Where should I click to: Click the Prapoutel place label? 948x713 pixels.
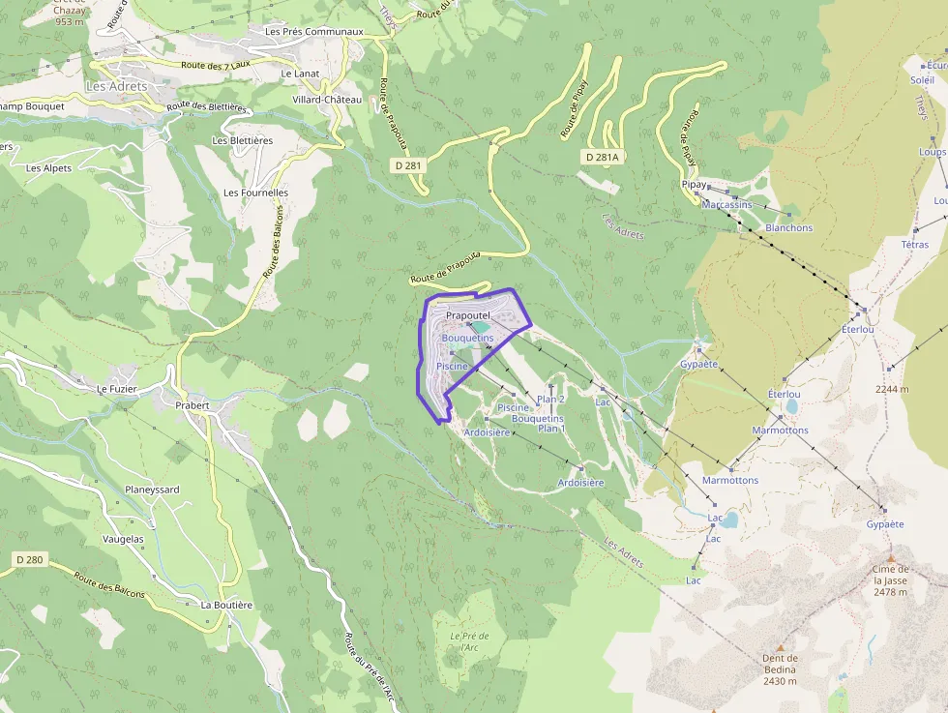coord(469,316)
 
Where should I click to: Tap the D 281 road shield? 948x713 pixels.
coord(409,166)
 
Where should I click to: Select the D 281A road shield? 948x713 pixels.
coord(602,157)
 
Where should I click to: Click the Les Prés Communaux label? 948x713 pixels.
coord(313,32)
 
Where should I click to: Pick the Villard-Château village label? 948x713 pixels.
coord(327,100)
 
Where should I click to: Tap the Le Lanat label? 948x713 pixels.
coord(299,74)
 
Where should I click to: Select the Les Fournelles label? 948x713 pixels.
coord(255,193)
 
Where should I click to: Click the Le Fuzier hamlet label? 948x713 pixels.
coord(117,389)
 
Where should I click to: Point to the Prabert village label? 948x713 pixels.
coord(193,405)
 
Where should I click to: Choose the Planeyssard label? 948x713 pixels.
coord(152,490)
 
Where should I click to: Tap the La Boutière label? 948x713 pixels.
coord(226,605)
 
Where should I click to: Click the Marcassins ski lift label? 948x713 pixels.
coord(727,205)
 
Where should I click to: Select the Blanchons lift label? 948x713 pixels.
coord(789,228)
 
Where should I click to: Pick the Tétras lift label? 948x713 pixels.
coord(915,245)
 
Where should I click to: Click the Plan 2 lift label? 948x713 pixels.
coord(550,399)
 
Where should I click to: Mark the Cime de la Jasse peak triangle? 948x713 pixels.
coord(890,557)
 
